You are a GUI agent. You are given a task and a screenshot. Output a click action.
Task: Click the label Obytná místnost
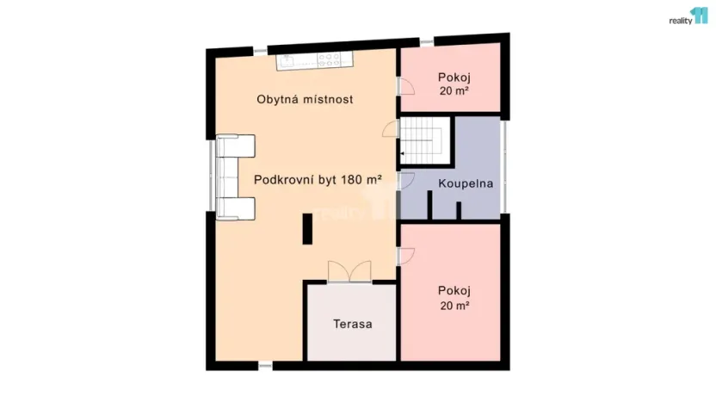tap(305, 99)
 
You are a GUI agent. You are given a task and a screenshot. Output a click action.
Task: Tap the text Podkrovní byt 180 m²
tap(318, 180)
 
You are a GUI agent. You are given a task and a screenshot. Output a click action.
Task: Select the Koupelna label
tap(465, 183)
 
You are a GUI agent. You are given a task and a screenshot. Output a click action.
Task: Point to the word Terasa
tap(353, 325)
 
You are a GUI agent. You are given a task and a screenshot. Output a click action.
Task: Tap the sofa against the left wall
tap(234, 177)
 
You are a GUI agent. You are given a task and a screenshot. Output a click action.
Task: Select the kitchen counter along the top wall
tap(316, 61)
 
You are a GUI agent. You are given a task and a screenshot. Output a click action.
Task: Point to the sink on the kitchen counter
tap(287, 61)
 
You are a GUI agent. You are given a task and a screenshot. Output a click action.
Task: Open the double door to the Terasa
tap(349, 270)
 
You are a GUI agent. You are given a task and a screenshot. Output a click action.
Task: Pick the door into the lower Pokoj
tap(405, 256)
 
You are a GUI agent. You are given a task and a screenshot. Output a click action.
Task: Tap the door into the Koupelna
tap(405, 181)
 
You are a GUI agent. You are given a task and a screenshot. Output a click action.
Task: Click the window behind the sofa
tap(211, 177)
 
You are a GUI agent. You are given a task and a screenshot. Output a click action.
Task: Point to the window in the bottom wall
tap(265, 367)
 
